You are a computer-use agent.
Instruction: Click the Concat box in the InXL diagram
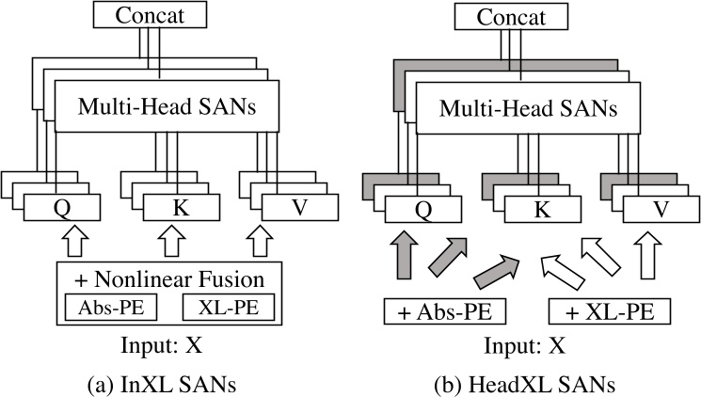coord(159,16)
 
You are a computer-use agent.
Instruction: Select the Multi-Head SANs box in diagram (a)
coord(169,109)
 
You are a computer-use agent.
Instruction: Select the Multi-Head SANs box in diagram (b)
coord(522,109)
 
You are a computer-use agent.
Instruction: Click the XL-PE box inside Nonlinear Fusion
coord(232,309)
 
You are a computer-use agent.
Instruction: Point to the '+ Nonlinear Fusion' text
coord(169,279)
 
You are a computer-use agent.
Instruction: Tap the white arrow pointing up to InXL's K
coord(168,246)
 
